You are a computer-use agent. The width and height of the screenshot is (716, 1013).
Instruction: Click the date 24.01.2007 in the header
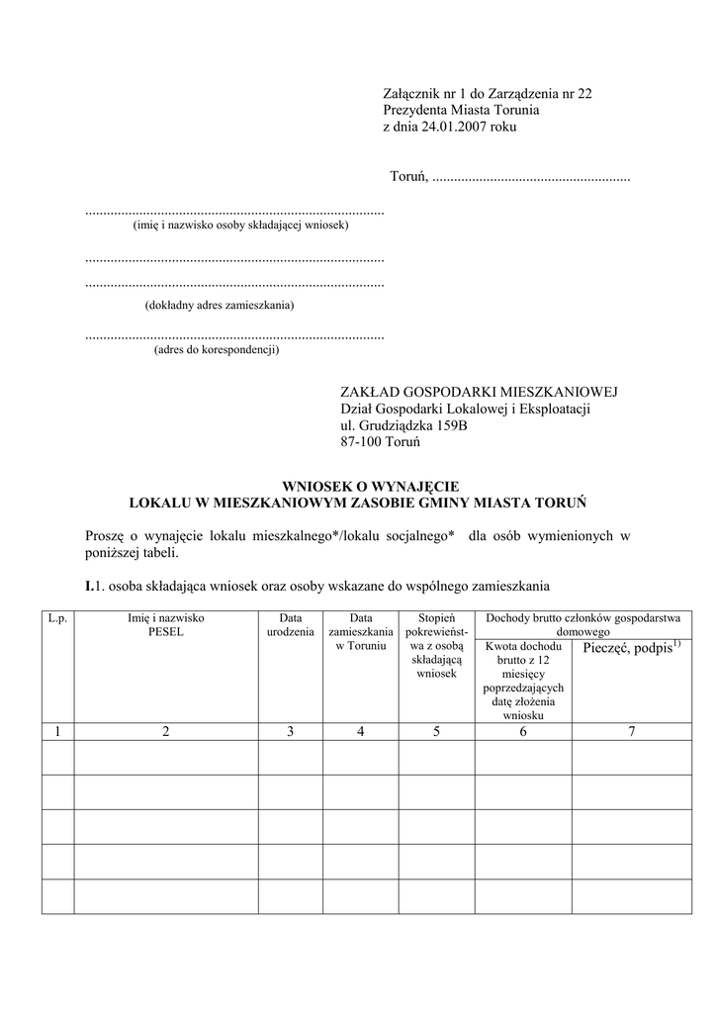(x=451, y=128)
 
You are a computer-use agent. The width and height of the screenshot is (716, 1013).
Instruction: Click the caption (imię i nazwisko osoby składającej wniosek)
(x=240, y=226)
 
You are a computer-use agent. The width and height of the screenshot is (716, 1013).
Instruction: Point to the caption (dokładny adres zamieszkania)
(x=220, y=306)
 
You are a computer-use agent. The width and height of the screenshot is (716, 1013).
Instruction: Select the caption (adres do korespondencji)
(x=217, y=349)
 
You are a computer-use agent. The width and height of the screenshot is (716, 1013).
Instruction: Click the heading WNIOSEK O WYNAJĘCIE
(x=358, y=487)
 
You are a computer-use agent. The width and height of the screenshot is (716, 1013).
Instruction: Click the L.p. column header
(x=57, y=618)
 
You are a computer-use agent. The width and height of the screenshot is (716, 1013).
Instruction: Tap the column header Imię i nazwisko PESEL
(x=165, y=624)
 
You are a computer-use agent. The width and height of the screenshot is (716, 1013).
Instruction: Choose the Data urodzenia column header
(x=290, y=624)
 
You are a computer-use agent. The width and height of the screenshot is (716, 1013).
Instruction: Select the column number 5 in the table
(x=436, y=731)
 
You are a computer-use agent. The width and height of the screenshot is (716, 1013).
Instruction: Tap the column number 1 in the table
(x=57, y=731)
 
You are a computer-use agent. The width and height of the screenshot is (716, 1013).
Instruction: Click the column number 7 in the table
(x=631, y=731)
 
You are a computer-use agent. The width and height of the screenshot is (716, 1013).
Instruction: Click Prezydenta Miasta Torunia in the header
(x=461, y=111)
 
